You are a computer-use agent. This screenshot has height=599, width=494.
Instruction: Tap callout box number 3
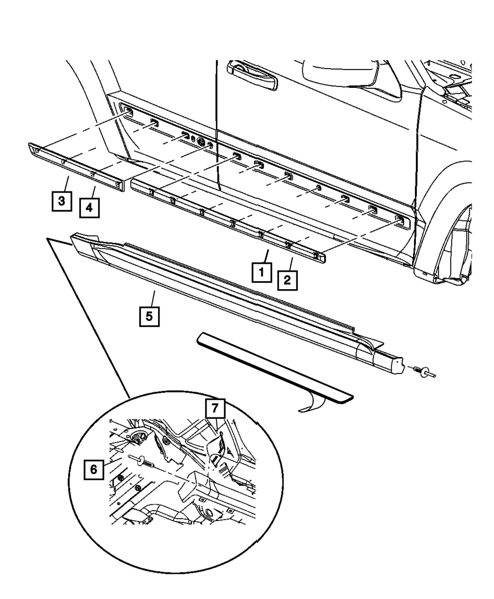pos(61,201)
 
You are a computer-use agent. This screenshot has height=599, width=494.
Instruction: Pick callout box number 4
pos(89,208)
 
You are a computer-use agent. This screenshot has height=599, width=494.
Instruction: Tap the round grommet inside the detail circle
pos(138,437)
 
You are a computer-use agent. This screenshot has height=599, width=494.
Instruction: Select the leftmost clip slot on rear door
pos(127,112)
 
